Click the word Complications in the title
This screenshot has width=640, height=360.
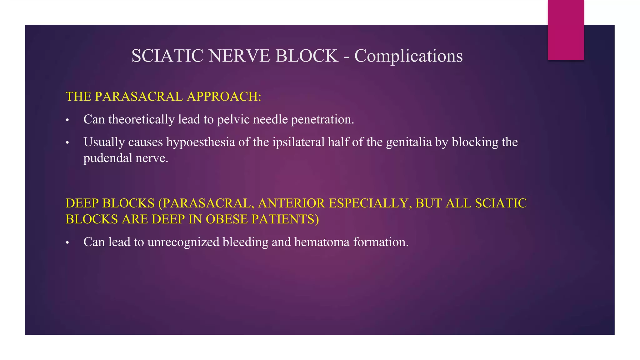408,56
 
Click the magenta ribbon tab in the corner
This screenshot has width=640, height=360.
566,30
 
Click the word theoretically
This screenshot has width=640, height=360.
141,120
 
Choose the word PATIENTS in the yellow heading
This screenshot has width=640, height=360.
285,219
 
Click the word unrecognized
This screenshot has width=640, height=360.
183,242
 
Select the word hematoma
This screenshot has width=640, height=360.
322,242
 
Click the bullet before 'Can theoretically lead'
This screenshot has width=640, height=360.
67,120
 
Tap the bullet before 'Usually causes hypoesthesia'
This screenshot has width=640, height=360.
67,143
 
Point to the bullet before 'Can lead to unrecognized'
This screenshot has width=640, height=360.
67,243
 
